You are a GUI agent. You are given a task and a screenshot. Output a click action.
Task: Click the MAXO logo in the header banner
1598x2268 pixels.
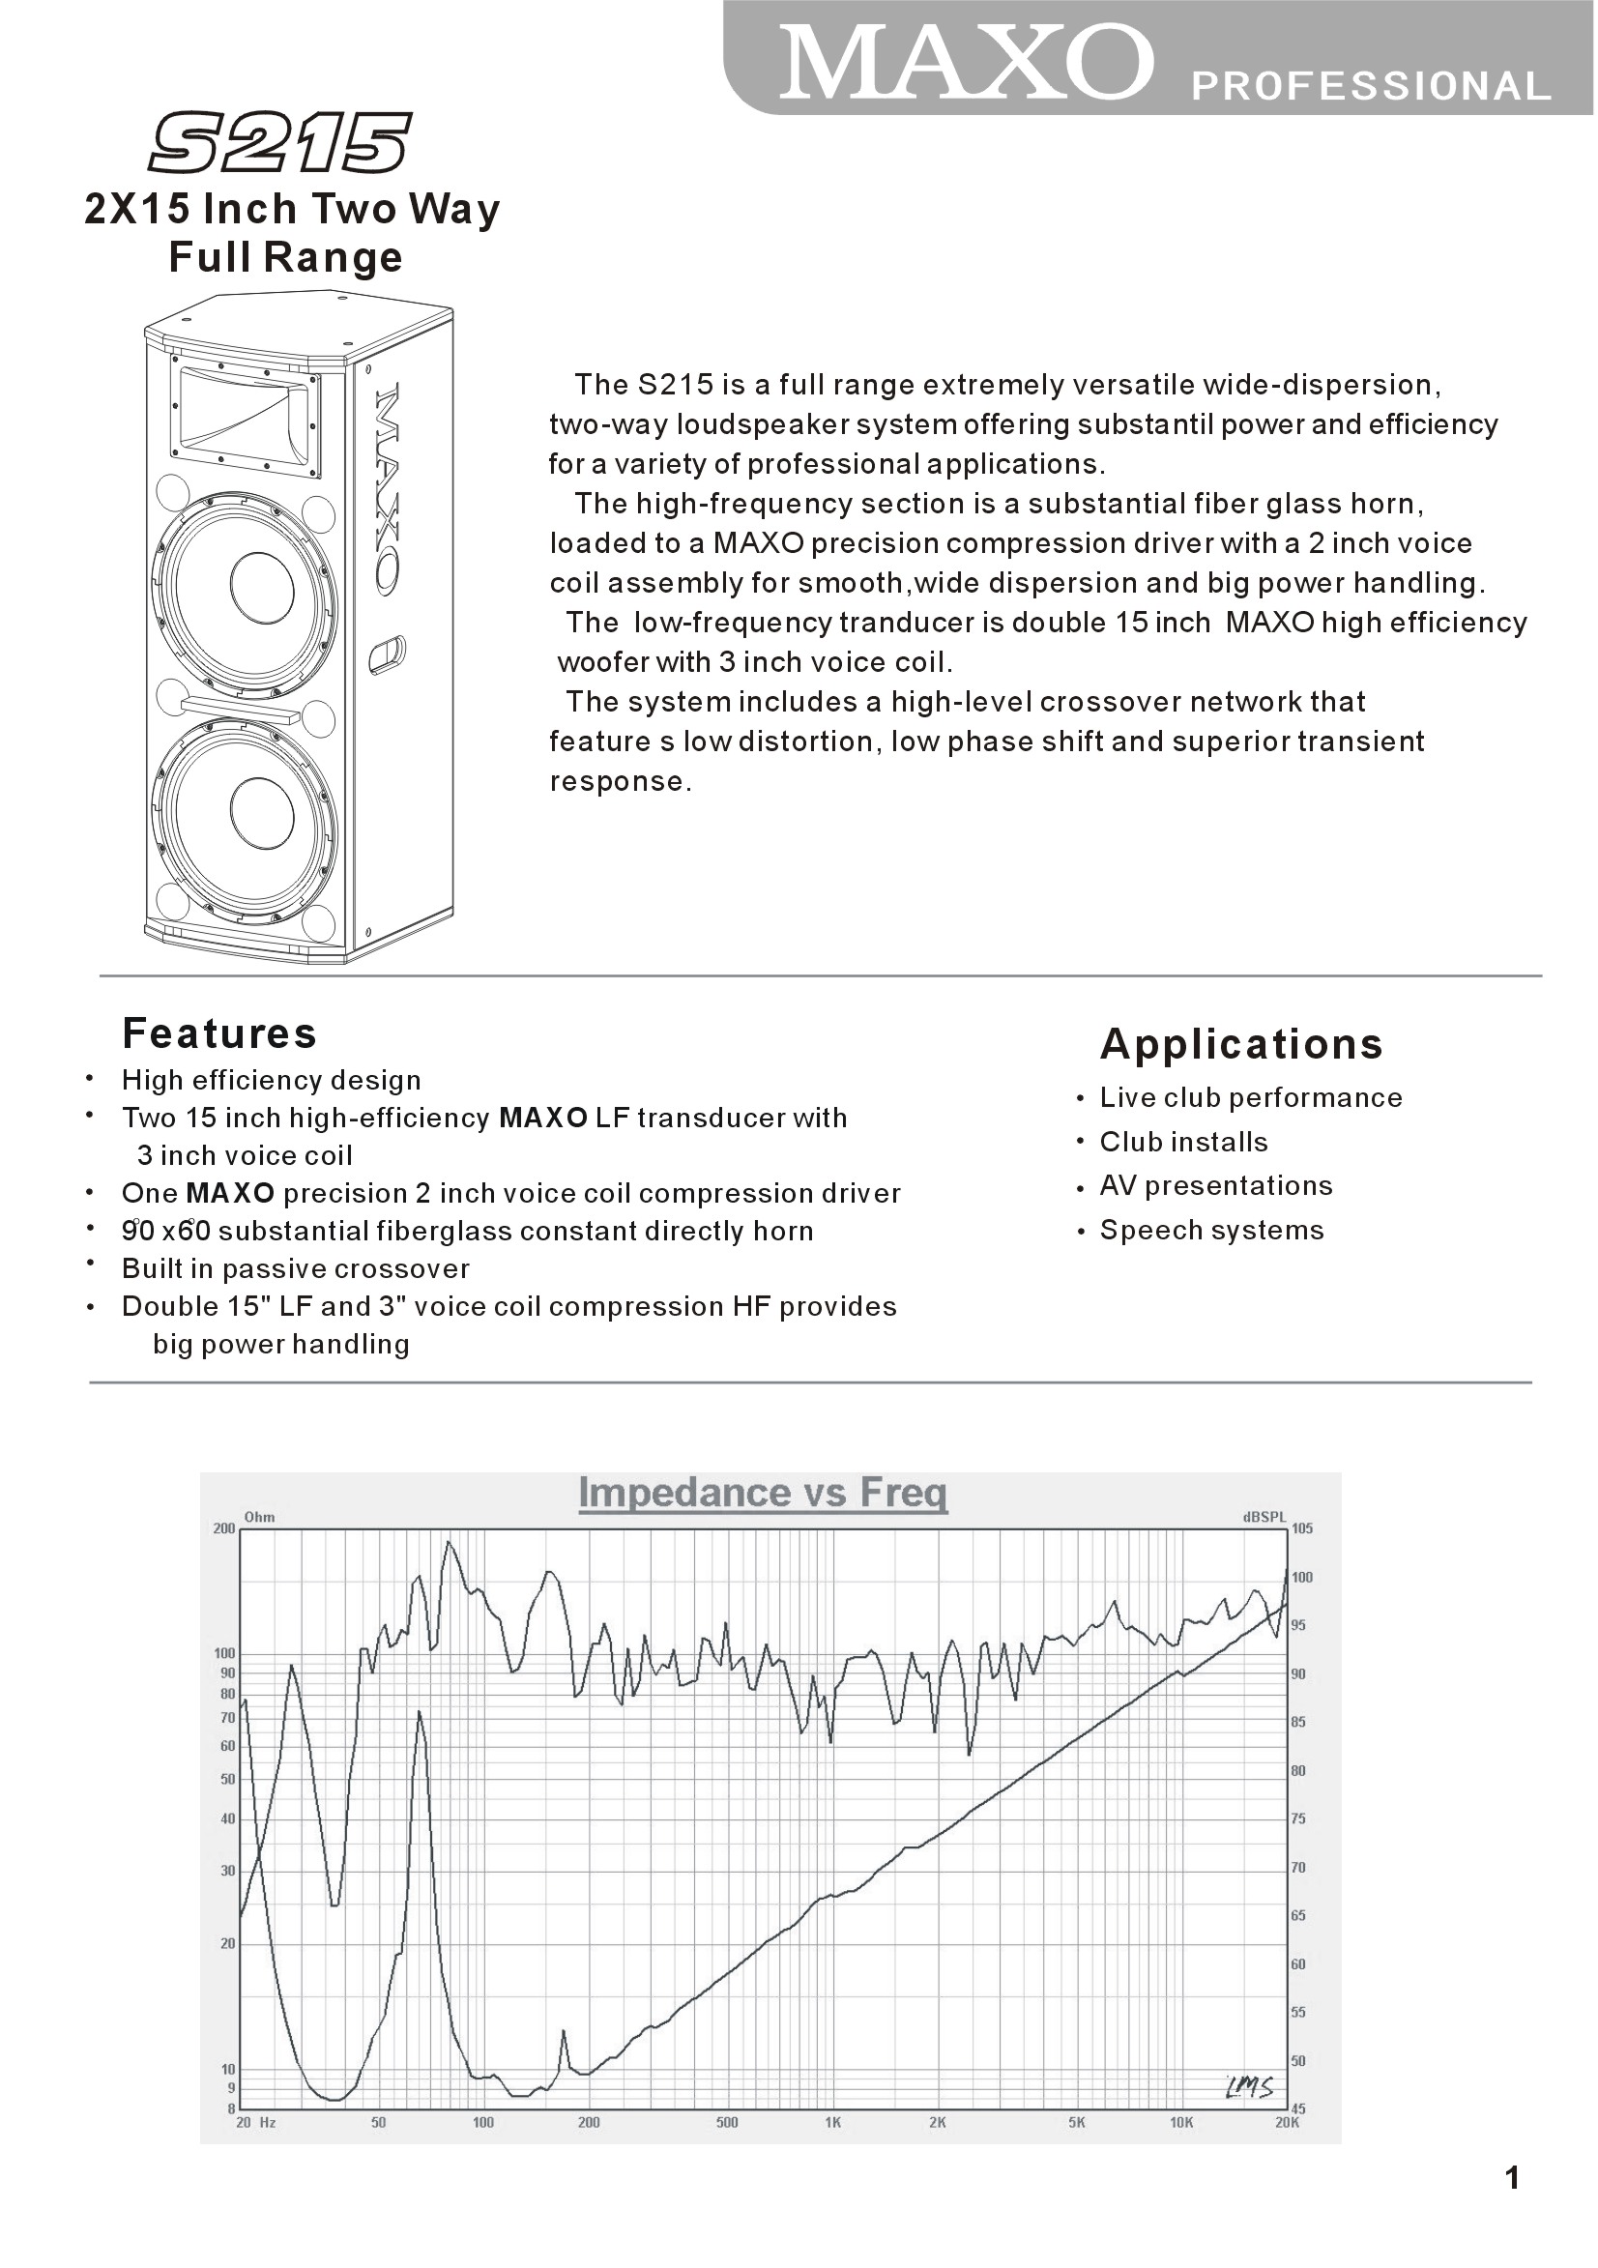pyautogui.click(x=966, y=62)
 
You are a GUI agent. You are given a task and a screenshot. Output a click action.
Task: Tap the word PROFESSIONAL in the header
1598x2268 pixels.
pyautogui.click(x=1371, y=87)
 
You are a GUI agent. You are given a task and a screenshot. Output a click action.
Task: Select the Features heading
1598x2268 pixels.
pyautogui.click(x=219, y=1033)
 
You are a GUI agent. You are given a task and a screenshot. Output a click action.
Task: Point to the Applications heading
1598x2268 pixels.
pyautogui.click(x=1241, y=1044)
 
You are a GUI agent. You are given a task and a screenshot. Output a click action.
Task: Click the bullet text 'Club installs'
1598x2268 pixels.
pyautogui.click(x=1183, y=1142)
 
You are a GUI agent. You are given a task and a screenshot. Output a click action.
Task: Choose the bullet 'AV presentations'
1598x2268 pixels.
pyautogui.click(x=1216, y=1185)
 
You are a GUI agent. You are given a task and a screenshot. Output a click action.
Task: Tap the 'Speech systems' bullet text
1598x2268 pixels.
pyautogui.click(x=1212, y=1230)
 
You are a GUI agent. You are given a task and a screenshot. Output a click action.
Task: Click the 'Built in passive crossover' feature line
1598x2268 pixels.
pyautogui.click(x=295, y=1268)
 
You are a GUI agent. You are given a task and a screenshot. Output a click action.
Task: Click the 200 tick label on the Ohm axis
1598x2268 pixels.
pyautogui.click(x=224, y=1528)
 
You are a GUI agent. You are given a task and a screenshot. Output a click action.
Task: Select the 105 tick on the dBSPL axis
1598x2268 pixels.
pyautogui.click(x=1303, y=1528)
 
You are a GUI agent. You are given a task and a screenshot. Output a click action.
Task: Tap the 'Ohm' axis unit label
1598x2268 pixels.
pyautogui.click(x=260, y=1517)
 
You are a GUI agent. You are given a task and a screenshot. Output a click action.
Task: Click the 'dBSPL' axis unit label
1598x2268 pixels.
pyautogui.click(x=1265, y=1517)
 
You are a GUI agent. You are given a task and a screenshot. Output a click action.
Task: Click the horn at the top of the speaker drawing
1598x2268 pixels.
pyautogui.click(x=247, y=416)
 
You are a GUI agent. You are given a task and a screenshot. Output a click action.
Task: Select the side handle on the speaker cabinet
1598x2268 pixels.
pyautogui.click(x=387, y=654)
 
